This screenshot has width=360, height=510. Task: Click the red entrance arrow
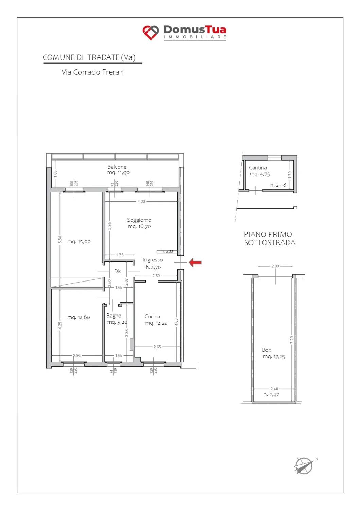(x=195, y=262)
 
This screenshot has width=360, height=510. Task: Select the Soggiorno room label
(x=139, y=220)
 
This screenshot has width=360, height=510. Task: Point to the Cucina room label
(x=152, y=317)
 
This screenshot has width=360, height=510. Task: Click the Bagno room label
(x=114, y=316)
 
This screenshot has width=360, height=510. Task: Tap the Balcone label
(x=117, y=167)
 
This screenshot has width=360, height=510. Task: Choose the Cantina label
(x=258, y=168)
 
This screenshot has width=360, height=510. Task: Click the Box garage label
(x=267, y=350)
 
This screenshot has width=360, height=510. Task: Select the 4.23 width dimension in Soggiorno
(x=141, y=202)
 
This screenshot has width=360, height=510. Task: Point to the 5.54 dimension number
(x=60, y=240)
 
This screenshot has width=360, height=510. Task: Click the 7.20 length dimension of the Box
(x=292, y=340)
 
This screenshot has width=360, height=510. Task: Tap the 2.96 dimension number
(x=77, y=355)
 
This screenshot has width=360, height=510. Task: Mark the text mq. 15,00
(x=79, y=242)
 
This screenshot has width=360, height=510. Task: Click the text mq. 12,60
(x=79, y=317)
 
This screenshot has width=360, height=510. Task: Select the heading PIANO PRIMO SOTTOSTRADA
(x=270, y=238)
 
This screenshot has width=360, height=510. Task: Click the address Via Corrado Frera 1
(x=93, y=72)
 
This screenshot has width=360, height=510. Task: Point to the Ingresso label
(x=153, y=260)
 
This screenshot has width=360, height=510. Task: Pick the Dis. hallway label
(x=118, y=271)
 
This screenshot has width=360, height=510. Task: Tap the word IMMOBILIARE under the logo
(x=195, y=37)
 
